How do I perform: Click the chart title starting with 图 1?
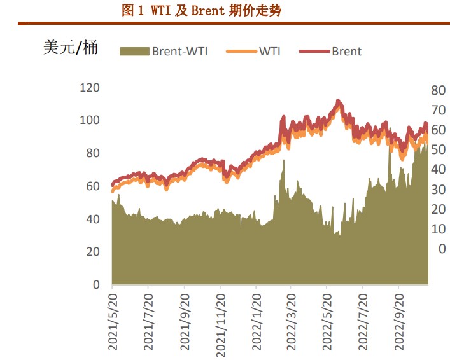click(x=200, y=10)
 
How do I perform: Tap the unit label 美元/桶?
click(x=70, y=47)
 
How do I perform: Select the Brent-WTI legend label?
click(x=179, y=52)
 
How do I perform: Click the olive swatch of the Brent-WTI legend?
click(x=134, y=52)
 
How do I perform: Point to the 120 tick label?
click(x=89, y=87)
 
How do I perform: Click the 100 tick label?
click(x=89, y=120)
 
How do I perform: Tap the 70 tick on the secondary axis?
click(x=439, y=110)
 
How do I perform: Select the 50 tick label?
click(x=439, y=149)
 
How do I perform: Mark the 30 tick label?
click(x=439, y=190)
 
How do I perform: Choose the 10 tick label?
click(x=439, y=229)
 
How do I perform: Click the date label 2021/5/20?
click(x=113, y=321)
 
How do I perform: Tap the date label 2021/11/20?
click(x=220, y=321)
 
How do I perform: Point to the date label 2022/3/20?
click(x=292, y=321)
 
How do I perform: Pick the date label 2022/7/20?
click(x=362, y=321)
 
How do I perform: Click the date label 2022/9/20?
click(x=399, y=321)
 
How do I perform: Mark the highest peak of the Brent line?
click(x=338, y=101)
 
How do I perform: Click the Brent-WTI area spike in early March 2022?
click(x=283, y=161)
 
